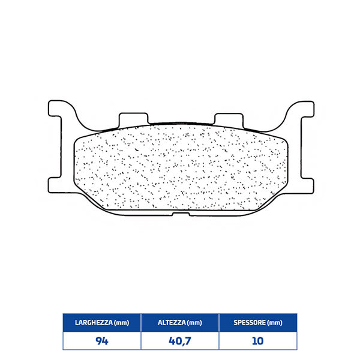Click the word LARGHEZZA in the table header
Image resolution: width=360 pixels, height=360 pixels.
click(x=91, y=323)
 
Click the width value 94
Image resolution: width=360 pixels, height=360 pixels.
click(x=101, y=340)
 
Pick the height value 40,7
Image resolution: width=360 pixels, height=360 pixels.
click(x=179, y=340)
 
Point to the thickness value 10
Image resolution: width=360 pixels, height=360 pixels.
click(x=257, y=340)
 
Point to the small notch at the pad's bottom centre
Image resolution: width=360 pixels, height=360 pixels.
click(x=180, y=213)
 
